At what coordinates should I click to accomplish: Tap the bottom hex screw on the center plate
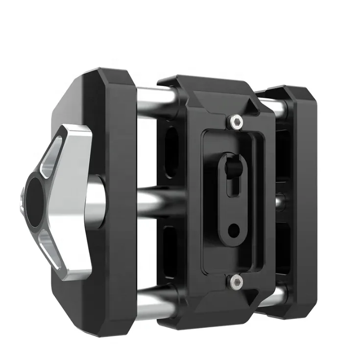(x=237, y=280)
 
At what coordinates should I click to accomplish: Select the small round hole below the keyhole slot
(x=234, y=228)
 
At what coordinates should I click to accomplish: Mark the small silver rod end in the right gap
(x=279, y=201)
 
